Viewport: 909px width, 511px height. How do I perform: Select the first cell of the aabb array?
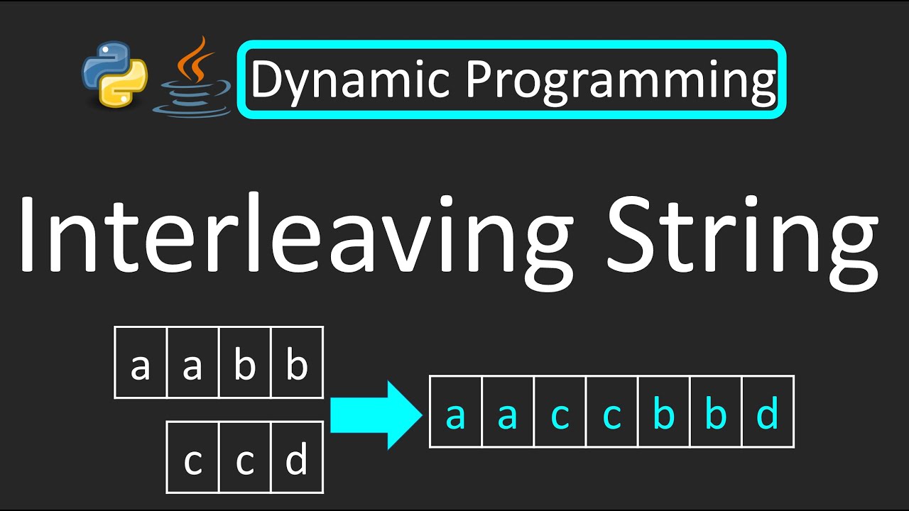(141, 363)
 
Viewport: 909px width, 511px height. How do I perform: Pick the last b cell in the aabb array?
(297, 363)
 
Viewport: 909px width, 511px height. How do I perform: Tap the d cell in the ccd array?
(297, 458)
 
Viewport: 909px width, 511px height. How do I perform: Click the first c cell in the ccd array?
(192, 458)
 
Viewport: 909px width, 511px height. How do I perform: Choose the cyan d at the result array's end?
(768, 412)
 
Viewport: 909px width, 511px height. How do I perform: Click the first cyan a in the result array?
(455, 412)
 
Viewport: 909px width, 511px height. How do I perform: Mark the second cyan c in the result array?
(612, 412)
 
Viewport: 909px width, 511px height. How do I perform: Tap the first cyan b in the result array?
(664, 412)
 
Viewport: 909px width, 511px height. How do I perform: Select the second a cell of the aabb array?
(192, 363)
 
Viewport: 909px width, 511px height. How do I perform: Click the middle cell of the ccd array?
(245, 458)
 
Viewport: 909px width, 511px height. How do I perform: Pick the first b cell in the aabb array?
(245, 363)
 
